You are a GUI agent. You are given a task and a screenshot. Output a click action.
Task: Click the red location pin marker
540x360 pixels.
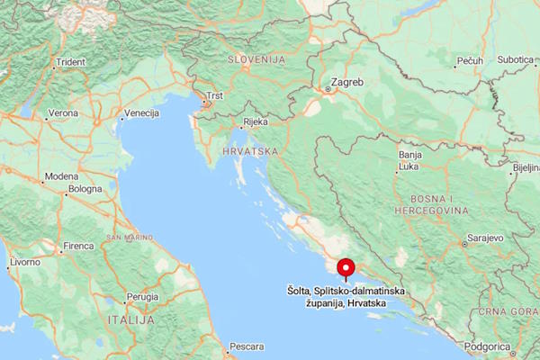click(345, 267)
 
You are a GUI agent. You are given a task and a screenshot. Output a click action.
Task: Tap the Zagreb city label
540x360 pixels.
click(347, 82)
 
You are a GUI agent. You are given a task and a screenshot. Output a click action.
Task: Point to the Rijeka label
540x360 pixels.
click(256, 121)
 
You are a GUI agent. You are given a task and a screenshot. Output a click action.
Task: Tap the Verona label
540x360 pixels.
click(63, 114)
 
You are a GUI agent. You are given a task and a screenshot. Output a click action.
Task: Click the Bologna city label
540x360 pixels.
click(85, 190)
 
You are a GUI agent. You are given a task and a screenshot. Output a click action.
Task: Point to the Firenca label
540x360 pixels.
click(78, 246)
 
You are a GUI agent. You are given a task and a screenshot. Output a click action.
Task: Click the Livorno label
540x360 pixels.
click(24, 262)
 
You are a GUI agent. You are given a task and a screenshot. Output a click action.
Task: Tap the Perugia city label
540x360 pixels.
click(142, 296)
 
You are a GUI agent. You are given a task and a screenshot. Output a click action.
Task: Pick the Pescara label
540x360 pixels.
click(247, 346)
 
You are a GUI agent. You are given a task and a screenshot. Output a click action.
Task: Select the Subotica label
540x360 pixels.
click(516, 60)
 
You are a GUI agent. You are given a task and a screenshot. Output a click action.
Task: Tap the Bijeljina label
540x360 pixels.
click(525, 167)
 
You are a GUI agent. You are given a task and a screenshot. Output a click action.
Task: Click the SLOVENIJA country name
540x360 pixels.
click(256, 58)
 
